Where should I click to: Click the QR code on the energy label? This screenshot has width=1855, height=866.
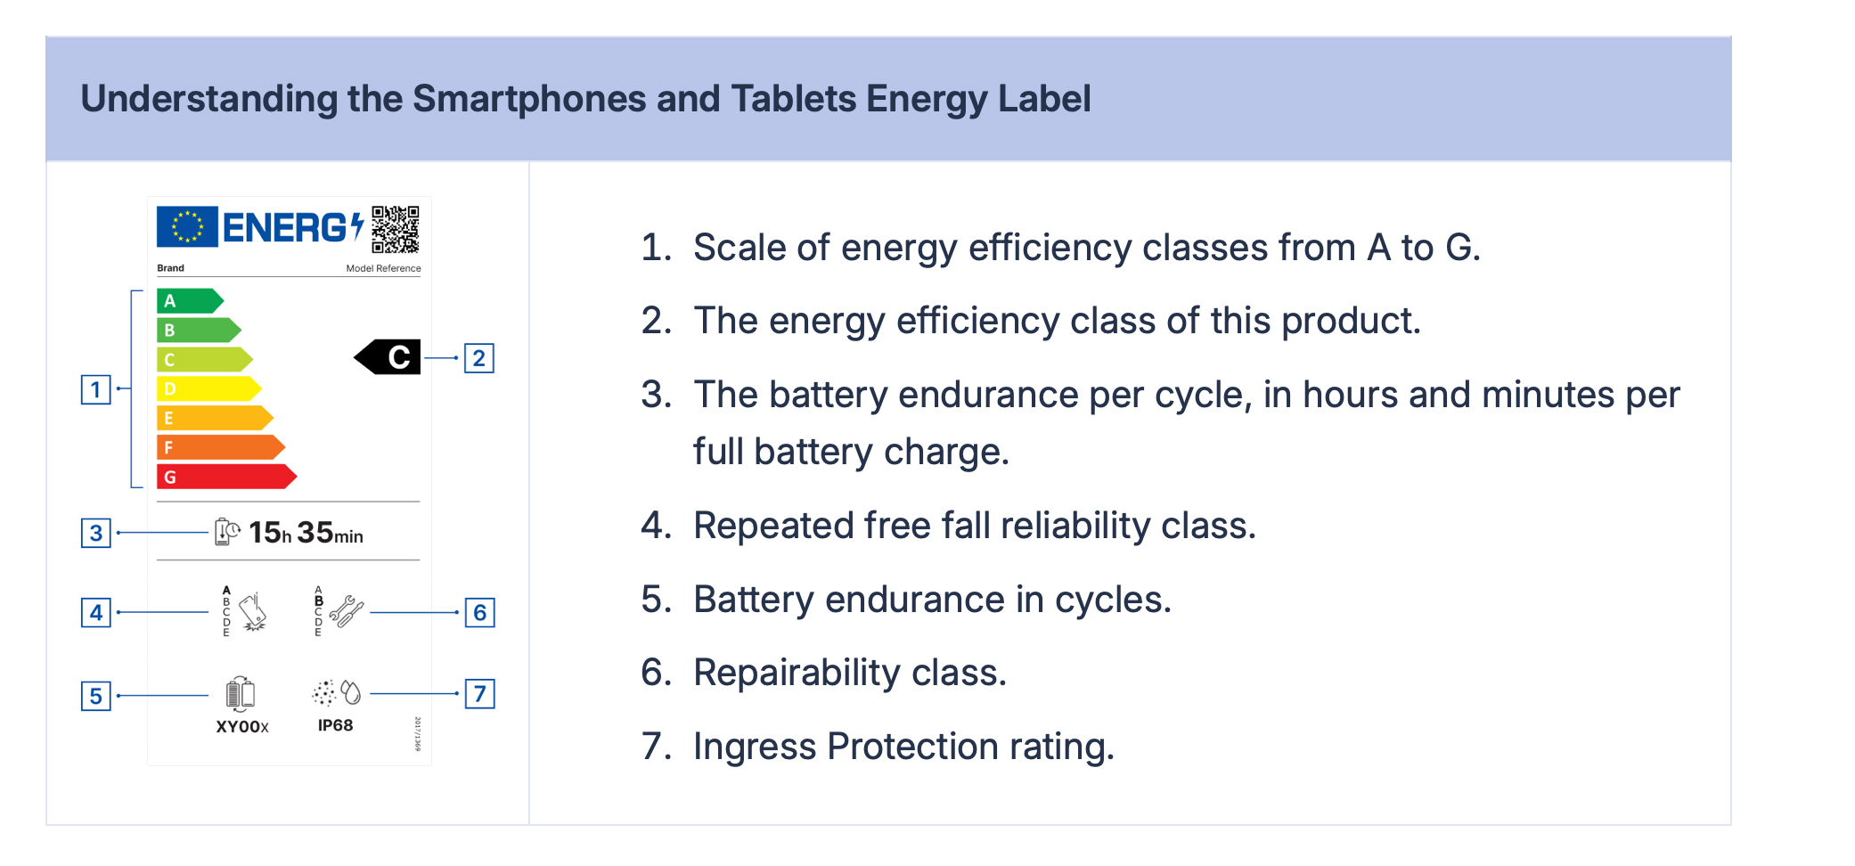point(396,229)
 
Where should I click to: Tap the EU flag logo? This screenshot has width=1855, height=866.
point(187,226)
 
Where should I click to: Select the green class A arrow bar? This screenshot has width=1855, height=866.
point(190,301)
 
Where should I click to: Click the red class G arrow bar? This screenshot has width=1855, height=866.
point(226,477)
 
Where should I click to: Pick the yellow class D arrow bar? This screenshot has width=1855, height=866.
point(208,388)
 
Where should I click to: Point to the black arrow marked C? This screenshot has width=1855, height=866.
point(388,357)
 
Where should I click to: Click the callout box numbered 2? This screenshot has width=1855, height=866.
point(479,358)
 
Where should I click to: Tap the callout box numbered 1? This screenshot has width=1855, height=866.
point(96,389)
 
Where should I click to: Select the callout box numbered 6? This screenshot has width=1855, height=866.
point(480,613)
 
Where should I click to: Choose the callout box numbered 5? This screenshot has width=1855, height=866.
point(96,696)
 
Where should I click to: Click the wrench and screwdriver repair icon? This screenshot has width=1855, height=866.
point(347,611)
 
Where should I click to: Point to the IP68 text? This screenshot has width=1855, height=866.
point(336,725)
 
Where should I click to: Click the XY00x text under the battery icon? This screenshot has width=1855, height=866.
point(242,727)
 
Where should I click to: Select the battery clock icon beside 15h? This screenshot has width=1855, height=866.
point(227,532)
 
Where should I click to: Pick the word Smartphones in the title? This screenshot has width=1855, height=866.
point(529,99)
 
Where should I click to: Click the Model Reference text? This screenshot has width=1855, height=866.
point(384,268)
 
